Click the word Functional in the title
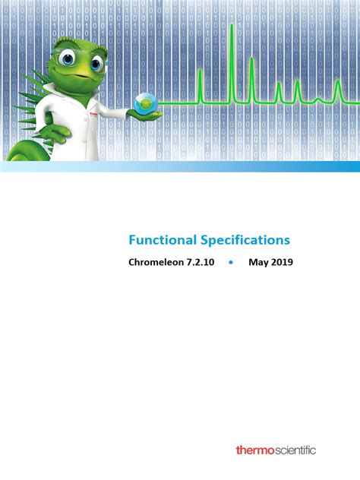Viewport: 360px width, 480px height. point(163,240)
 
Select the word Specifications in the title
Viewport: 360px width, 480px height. point(245,240)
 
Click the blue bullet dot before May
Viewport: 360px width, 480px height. point(231,263)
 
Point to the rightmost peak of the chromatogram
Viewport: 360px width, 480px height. point(338,89)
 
